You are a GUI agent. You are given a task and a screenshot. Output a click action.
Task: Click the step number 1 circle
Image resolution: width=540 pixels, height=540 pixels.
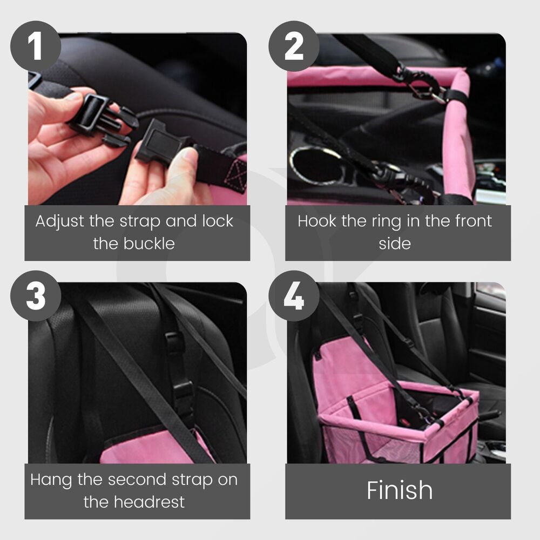(36, 46)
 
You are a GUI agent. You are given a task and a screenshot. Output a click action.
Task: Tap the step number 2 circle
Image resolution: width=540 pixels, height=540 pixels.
(294, 46)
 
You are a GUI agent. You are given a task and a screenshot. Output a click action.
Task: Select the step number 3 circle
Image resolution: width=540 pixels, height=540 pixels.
(36, 296)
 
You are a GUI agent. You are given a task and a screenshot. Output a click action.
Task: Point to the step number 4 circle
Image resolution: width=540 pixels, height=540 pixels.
(294, 296)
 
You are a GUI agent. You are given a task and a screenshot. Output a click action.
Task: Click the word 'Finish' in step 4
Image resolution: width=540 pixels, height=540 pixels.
(400, 490)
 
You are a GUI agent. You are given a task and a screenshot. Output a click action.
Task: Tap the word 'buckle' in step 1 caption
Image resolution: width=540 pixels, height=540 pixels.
(149, 244)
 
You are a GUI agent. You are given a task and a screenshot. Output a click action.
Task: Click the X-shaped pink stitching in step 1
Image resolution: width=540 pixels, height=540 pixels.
(235, 176)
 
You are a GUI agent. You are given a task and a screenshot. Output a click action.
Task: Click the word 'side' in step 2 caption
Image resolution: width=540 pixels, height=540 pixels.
(395, 244)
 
